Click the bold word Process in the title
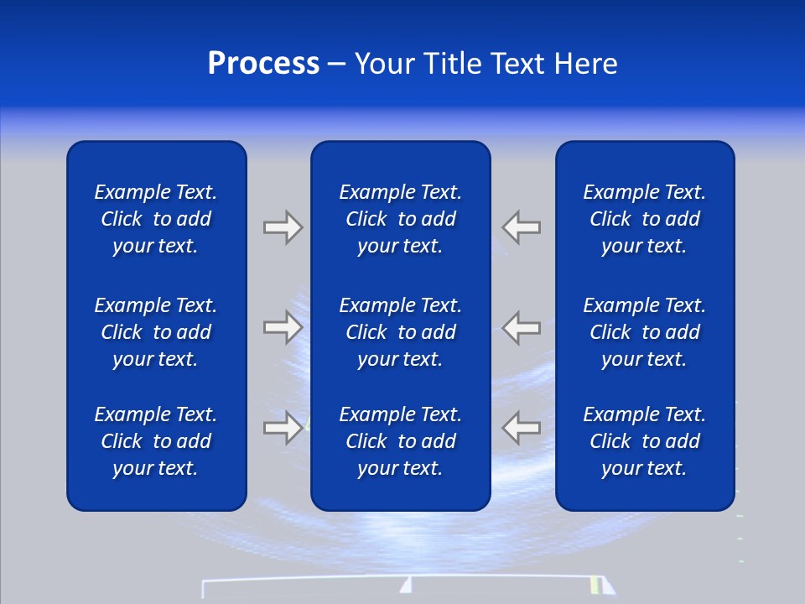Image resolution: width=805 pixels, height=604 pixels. pyautogui.click(x=263, y=64)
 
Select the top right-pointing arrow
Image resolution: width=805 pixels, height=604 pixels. pyautogui.click(x=283, y=227)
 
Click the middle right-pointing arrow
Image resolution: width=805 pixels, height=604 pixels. pyautogui.click(x=283, y=326)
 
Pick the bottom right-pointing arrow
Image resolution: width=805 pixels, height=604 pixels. pyautogui.click(x=283, y=427)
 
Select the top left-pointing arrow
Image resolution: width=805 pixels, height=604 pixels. pyautogui.click(x=522, y=227)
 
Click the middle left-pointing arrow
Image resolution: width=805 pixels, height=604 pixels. pyautogui.click(x=522, y=326)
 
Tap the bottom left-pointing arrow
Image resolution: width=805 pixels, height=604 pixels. pyautogui.click(x=522, y=427)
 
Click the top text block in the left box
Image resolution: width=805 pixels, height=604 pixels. pyautogui.click(x=156, y=219)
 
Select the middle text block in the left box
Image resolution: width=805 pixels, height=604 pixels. pyautogui.click(x=156, y=332)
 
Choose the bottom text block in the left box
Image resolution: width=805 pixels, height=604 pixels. pyautogui.click(x=156, y=441)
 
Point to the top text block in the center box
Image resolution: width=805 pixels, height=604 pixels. pyautogui.click(x=400, y=219)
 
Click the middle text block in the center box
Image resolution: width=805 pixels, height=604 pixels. pyautogui.click(x=400, y=332)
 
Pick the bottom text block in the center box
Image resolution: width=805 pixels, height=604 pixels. pyautogui.click(x=400, y=441)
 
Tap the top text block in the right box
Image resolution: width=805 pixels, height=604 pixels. pyautogui.click(x=644, y=219)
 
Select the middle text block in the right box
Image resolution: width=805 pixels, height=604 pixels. pyautogui.click(x=644, y=332)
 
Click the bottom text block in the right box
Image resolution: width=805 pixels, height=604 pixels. pyautogui.click(x=644, y=441)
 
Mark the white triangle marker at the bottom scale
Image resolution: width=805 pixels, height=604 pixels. pyautogui.click(x=406, y=586)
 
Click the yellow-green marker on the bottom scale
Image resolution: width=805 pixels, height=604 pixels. pyautogui.click(x=595, y=585)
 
